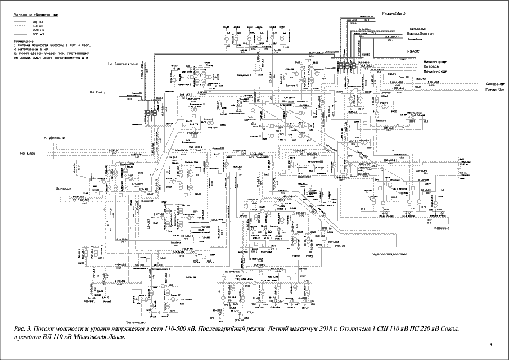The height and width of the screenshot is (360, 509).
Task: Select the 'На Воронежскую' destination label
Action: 123,64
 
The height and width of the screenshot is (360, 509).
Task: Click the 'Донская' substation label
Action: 65,189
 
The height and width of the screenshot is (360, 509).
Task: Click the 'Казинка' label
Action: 440,228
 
